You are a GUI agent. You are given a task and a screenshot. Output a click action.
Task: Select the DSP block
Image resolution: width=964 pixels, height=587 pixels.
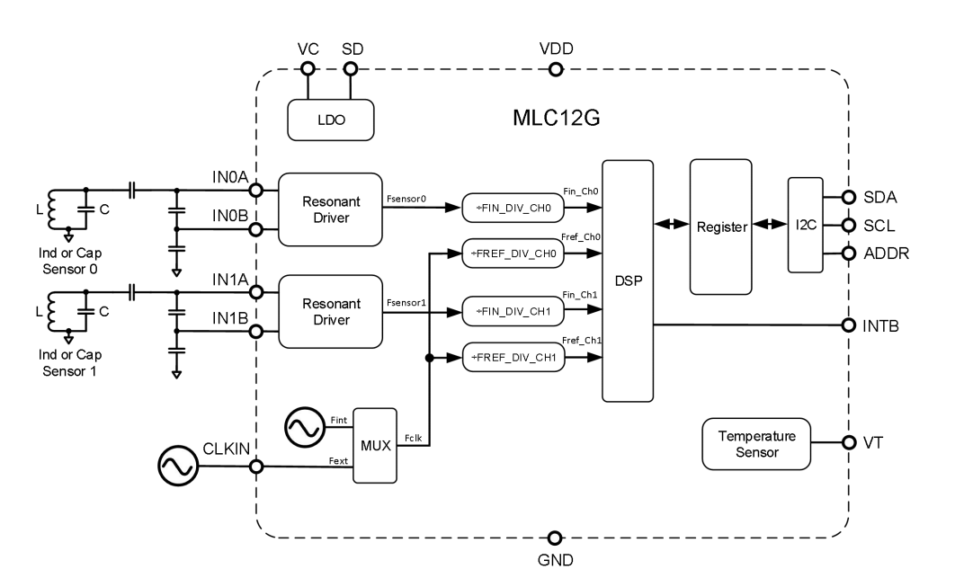[627, 281]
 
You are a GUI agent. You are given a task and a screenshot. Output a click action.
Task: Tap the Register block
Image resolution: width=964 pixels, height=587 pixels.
[720, 227]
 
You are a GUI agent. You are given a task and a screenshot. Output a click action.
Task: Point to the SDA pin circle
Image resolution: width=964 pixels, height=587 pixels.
[847, 197]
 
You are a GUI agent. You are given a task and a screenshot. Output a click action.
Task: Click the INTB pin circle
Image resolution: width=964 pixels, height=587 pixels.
[847, 325]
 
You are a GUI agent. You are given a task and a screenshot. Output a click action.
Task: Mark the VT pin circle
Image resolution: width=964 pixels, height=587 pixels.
[847, 442]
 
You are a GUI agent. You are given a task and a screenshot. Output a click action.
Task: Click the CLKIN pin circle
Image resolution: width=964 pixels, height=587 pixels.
[256, 467]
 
